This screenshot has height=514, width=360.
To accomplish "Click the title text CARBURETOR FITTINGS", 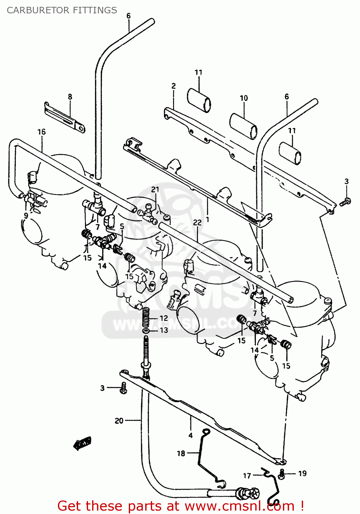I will pos(62,10).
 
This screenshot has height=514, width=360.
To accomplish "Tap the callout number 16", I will pos(41,132).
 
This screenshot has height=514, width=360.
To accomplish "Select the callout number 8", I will pos(70,97).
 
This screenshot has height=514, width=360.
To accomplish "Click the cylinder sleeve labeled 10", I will pos(243,126).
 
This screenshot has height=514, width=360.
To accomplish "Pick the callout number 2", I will pos(174,86).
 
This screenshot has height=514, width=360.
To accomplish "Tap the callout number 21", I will pos(155,189).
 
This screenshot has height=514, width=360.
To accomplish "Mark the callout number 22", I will pos(197,223).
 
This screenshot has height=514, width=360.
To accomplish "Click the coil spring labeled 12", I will pos(146,318).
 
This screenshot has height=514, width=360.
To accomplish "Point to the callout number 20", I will pos(119,420).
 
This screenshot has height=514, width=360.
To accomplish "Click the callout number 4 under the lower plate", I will pos(190,436).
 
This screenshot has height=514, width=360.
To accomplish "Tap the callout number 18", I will pos(181,453).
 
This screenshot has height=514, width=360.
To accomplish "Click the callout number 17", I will pos(247,476).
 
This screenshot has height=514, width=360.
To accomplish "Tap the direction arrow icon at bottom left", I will pos(83,443).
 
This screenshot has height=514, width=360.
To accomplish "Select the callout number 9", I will pos(26,216).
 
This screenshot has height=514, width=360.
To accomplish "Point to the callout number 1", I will pos(207,219).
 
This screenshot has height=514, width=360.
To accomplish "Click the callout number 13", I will pos(164,330).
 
